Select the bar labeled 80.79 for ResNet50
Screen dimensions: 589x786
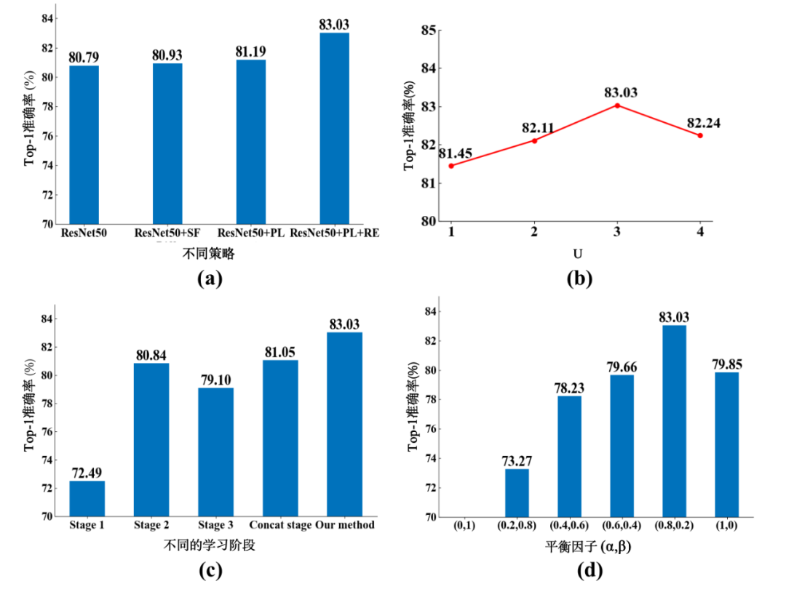tap(84, 145)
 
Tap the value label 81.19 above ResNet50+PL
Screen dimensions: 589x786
tap(251, 51)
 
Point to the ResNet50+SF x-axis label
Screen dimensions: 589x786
tap(167, 233)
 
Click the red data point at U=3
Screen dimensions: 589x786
tap(617, 105)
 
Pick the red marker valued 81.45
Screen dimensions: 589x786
tap(451, 166)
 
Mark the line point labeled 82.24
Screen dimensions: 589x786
tap(700, 135)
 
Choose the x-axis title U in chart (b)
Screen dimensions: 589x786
tap(576, 254)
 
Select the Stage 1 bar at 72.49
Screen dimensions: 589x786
tap(87, 499)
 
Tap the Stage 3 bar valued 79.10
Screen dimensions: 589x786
tap(216, 452)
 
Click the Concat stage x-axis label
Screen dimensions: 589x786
tap(279, 525)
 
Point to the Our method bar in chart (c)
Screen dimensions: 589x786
tap(344, 424)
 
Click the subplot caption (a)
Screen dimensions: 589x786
tap(209, 277)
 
